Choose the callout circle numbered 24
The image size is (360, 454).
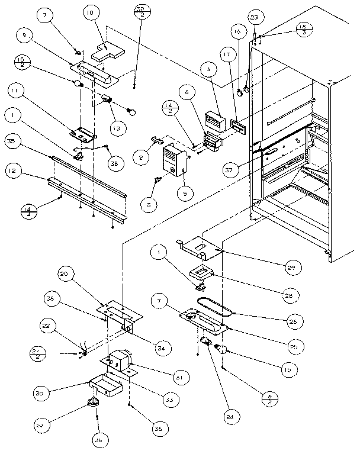coord(229,417)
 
